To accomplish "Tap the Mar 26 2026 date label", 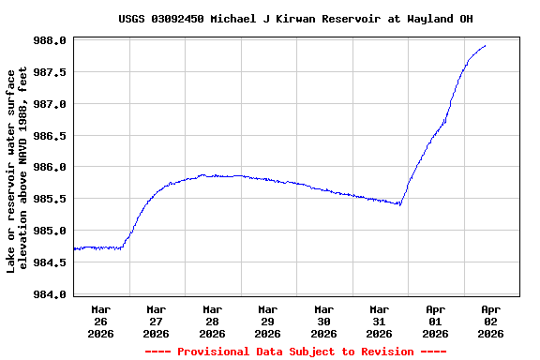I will click(x=100, y=321).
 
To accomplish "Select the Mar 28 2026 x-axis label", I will click(x=212, y=321).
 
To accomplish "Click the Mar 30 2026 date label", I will click(x=323, y=321).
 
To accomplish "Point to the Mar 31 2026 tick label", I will click(x=379, y=321).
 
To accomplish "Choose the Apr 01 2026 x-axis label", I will click(x=435, y=321).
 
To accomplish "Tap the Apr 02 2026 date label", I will click(x=490, y=321).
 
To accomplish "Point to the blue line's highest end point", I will click(x=485, y=46).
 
